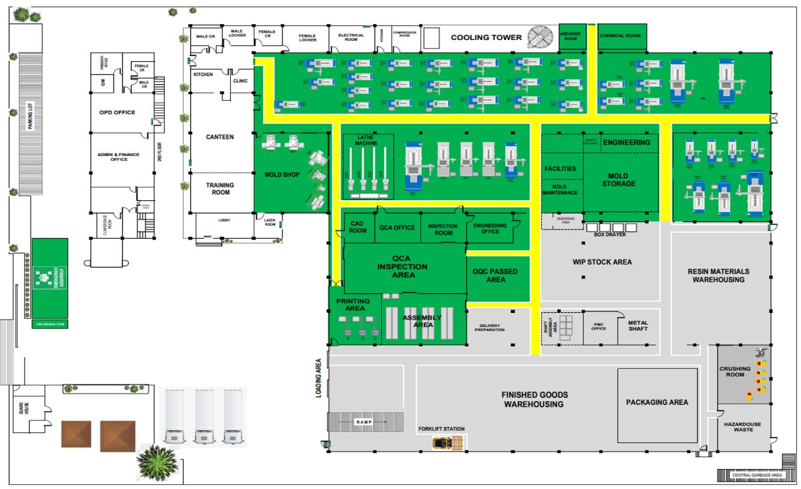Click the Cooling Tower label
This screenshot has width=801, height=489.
pyautogui.click(x=486, y=37)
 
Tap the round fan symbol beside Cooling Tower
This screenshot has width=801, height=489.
pyautogui.click(x=541, y=37)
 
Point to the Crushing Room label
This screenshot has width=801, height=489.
pyautogui.click(x=735, y=371)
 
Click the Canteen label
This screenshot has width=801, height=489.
pyautogui.click(x=220, y=137)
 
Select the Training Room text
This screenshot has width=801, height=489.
pyautogui.click(x=220, y=189)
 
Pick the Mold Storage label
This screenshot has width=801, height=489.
pyautogui.click(x=619, y=180)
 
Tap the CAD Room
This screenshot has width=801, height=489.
pyautogui.click(x=358, y=227)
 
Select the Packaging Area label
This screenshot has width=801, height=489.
pyautogui.click(x=657, y=402)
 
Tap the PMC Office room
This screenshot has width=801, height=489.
pyautogui.click(x=599, y=328)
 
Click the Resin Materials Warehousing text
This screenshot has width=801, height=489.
pyautogui.click(x=718, y=276)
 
